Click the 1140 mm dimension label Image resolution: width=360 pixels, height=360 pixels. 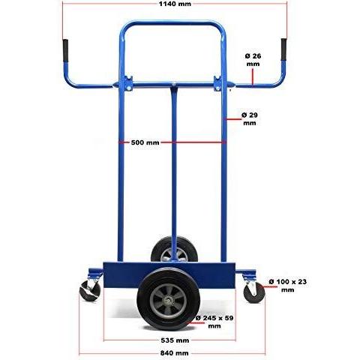[x=175, y=4]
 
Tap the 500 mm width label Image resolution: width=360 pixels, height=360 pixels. [x=145, y=142]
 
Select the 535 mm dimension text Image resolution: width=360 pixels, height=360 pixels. [x=175, y=340]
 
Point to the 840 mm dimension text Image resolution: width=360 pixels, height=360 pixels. [x=174, y=353]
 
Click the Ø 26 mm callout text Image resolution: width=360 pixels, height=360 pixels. [x=253, y=60]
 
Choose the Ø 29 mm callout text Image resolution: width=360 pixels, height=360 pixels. [x=250, y=119]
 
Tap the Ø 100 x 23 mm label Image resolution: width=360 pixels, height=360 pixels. [x=287, y=286]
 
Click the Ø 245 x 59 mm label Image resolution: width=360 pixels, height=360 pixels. [x=214, y=322]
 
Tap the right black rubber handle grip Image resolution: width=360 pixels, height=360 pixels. [x=284, y=49]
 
